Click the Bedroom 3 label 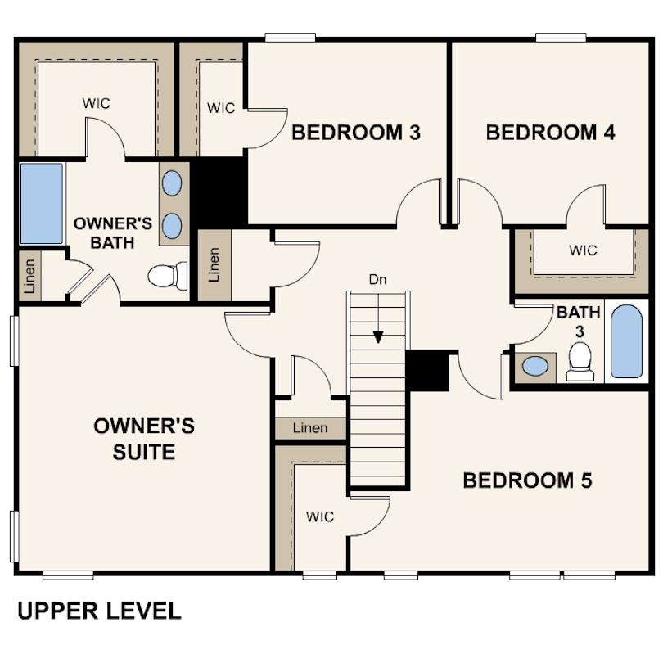pos(356,133)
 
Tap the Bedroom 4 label pos(550,133)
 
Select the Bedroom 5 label pos(527,480)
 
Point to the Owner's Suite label pos(144,439)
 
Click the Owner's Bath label pos(113,233)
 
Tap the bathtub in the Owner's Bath pos(42,203)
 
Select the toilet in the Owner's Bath pos(168,276)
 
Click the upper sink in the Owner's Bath pos(172,183)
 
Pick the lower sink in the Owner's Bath pos(172,226)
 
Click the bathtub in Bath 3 pos(627,341)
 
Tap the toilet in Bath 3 pos(580,362)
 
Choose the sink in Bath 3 pos(535,366)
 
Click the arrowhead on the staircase pos(378,337)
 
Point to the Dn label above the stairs pos(377,279)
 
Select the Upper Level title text pos(99,611)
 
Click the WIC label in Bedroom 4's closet pos(583,250)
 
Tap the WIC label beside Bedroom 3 pos(221,108)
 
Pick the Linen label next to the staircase pos(310,428)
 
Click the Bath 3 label pos(579,322)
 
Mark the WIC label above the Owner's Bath pos(97,103)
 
